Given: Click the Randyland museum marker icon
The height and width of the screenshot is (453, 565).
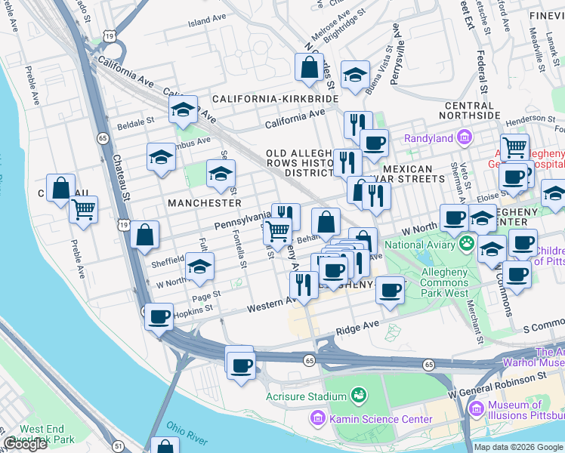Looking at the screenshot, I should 464,138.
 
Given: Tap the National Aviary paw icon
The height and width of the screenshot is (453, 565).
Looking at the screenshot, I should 468,244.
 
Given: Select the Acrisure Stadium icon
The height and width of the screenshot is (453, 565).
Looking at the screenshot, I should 357,396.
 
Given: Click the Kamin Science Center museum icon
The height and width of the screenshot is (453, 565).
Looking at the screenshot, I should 317,418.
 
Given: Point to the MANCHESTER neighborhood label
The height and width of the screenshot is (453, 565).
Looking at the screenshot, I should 205,203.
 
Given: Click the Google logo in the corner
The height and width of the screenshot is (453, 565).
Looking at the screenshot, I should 25,444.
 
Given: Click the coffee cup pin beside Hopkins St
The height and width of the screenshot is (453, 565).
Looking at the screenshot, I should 159,317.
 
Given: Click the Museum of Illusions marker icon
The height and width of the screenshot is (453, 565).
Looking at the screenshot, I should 476,410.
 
